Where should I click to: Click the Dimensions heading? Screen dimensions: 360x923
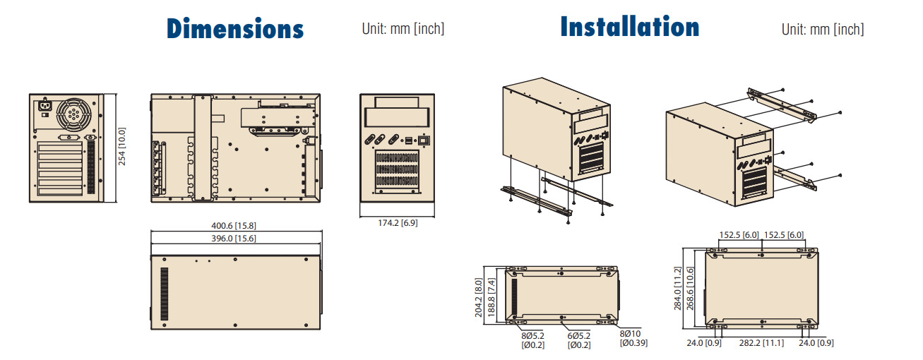(235, 29)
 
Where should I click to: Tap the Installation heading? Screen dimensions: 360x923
(629, 27)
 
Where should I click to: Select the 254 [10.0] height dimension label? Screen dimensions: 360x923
(122, 147)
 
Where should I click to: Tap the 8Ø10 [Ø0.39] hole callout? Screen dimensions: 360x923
(633, 338)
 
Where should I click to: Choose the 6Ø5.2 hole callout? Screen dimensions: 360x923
(578, 340)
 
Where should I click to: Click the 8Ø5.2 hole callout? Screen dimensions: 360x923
(532, 340)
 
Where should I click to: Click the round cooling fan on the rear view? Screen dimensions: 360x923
(74, 112)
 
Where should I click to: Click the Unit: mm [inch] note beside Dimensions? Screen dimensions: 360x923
(403, 29)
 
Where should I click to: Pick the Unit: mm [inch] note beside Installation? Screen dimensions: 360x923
(822, 29)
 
